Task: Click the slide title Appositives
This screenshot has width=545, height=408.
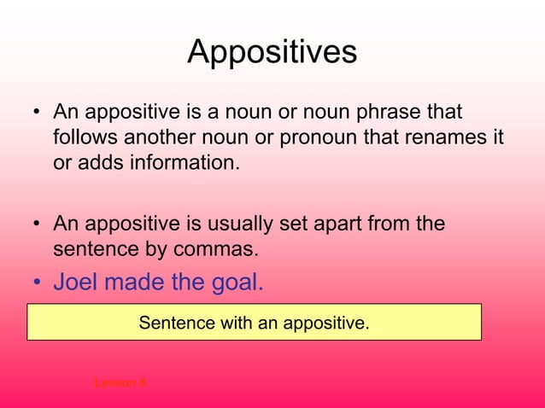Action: [272, 53]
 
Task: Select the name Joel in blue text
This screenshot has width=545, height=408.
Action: [81, 282]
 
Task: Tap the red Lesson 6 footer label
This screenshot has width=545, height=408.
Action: [120, 382]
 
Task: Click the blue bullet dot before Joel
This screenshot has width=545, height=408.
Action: [37, 283]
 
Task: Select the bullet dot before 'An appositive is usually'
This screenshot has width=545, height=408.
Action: [37, 225]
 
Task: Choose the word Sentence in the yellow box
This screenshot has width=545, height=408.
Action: [172, 323]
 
